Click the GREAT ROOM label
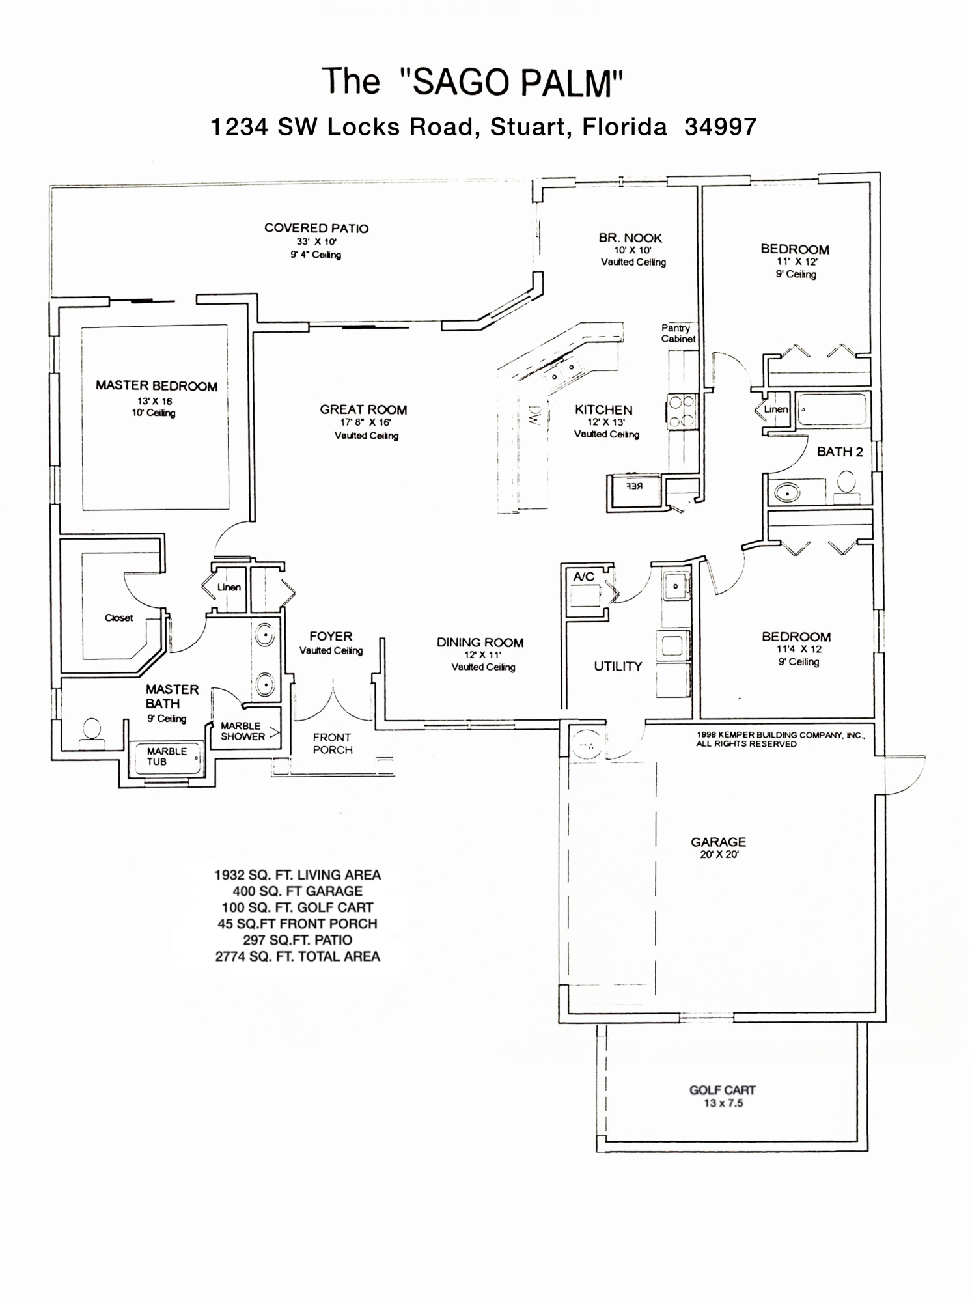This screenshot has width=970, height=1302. (363, 409)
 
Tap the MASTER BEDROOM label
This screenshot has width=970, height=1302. (156, 385)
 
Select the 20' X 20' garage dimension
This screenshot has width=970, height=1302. (719, 854)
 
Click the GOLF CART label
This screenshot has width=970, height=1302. (723, 1090)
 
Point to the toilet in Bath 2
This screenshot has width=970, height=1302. (846, 484)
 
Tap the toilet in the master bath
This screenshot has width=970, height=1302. (92, 730)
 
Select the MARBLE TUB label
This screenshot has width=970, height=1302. (167, 756)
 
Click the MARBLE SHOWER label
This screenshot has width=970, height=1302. (242, 731)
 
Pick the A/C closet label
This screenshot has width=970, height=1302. (583, 577)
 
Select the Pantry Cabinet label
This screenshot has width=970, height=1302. (678, 333)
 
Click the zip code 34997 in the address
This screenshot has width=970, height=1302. (721, 126)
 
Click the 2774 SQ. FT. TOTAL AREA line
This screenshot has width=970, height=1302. (298, 956)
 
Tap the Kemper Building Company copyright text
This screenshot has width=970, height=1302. (780, 739)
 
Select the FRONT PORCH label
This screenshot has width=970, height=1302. (332, 743)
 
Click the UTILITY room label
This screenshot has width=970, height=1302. (618, 666)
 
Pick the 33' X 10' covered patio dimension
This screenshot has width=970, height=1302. (316, 242)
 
